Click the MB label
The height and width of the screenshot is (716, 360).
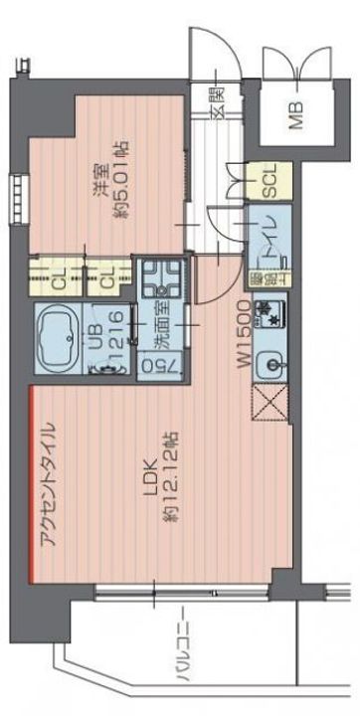[295, 116]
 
